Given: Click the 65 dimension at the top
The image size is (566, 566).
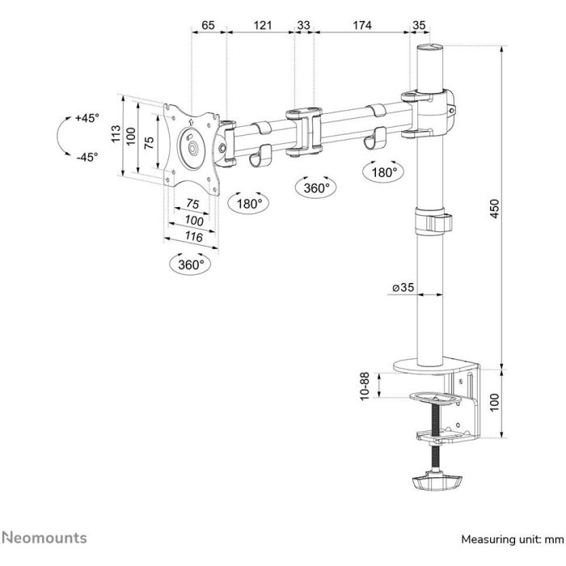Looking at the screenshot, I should pos(208,25).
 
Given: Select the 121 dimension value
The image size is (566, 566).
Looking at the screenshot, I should pos(262,25).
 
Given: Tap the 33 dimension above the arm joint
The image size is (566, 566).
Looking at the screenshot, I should pos(304,25).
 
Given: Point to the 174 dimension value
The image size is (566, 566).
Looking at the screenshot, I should pos(361,25).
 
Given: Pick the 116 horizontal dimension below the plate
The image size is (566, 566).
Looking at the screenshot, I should pos(193,236).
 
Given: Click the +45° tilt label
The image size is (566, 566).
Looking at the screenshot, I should pos(86,118).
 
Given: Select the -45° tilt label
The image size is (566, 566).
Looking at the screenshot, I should pos(86,157).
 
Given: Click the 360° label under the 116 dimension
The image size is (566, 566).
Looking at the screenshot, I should pos(191,264).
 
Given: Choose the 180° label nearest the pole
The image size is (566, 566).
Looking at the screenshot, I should pos(384,172).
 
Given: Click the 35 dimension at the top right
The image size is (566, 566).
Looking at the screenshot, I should pos(419,25).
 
